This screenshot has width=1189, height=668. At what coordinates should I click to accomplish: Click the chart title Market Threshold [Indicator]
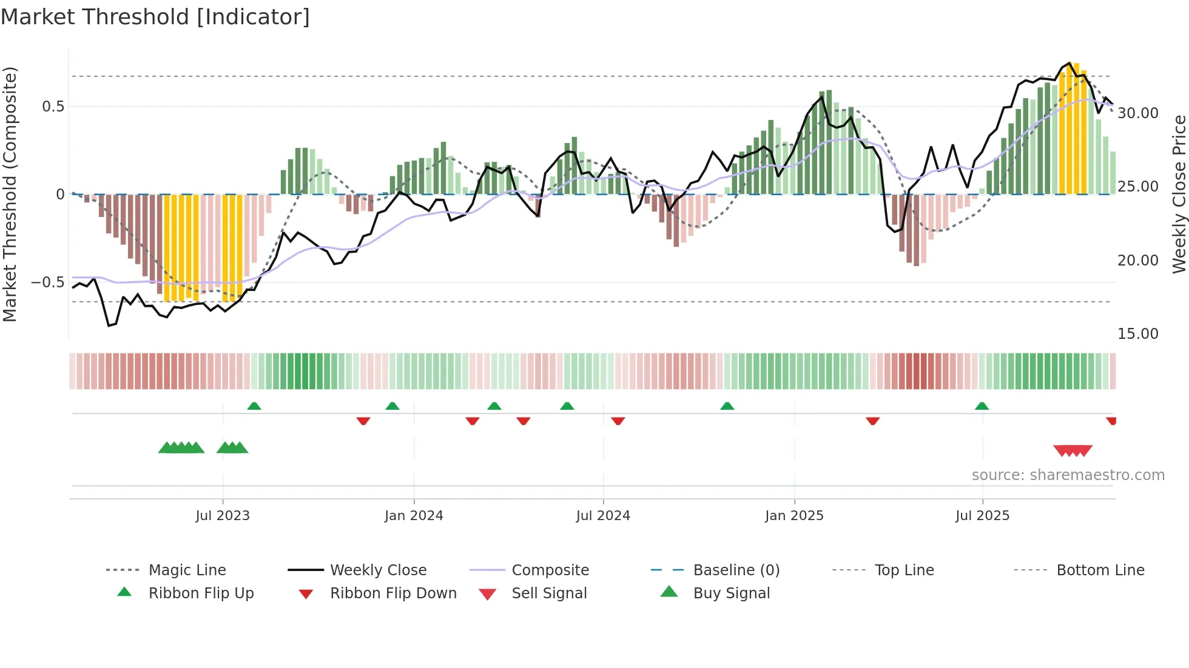155,17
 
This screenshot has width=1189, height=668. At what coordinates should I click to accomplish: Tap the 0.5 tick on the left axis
53,107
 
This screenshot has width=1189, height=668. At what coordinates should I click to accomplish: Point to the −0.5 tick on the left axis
48,282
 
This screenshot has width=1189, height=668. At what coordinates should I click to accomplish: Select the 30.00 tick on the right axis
1137,113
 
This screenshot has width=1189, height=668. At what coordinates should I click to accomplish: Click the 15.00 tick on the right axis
1137,334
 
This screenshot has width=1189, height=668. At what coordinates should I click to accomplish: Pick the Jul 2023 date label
223,516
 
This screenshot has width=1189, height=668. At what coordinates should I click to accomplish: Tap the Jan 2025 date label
794,516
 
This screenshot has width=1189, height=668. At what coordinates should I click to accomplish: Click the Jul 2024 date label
603,516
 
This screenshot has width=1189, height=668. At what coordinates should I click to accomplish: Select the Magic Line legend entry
187,570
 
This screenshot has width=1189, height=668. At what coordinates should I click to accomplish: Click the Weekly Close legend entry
378,570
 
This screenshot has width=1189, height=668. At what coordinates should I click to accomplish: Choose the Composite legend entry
550,570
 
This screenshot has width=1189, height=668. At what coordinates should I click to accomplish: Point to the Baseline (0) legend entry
736,570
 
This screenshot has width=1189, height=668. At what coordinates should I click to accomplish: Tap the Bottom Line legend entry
1100,570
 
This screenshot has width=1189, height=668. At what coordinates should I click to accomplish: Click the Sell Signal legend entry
549,593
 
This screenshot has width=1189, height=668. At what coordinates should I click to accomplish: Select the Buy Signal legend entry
731,593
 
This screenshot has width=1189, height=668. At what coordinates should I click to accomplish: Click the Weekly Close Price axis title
1179,194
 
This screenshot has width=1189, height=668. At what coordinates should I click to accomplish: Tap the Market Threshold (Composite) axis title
10,194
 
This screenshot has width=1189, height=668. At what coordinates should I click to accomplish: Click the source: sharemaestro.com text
1068,475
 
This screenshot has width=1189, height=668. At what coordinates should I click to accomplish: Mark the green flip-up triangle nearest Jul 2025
982,406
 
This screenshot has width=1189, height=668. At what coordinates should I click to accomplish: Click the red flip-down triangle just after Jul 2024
618,421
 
